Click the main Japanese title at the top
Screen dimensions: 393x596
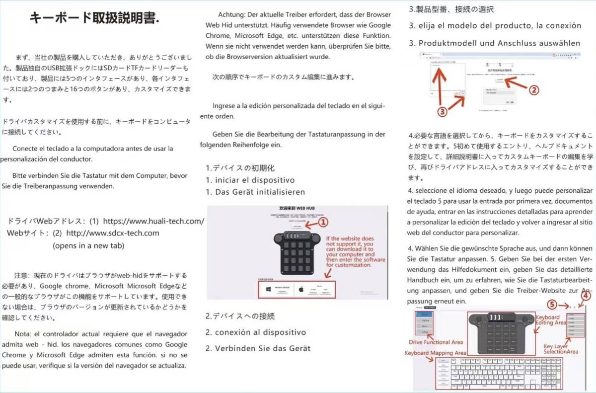[94, 18]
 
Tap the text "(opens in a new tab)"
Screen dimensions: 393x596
[88, 245]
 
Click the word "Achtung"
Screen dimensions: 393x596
[232, 14]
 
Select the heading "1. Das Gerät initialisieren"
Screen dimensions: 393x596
[255, 192]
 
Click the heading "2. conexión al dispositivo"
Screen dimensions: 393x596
[256, 332]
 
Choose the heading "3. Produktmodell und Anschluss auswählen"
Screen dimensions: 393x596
[494, 43]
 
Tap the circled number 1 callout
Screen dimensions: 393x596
[323, 222]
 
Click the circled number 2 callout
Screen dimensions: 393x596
[532, 90]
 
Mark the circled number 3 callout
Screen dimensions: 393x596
[443, 112]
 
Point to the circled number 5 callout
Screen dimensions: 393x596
[552, 304]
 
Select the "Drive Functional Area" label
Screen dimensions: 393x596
[436, 342]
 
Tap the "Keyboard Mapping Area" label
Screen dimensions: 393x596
[435, 352]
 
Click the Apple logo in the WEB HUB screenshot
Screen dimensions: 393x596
[300, 288]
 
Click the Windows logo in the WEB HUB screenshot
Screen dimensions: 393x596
[268, 288]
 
